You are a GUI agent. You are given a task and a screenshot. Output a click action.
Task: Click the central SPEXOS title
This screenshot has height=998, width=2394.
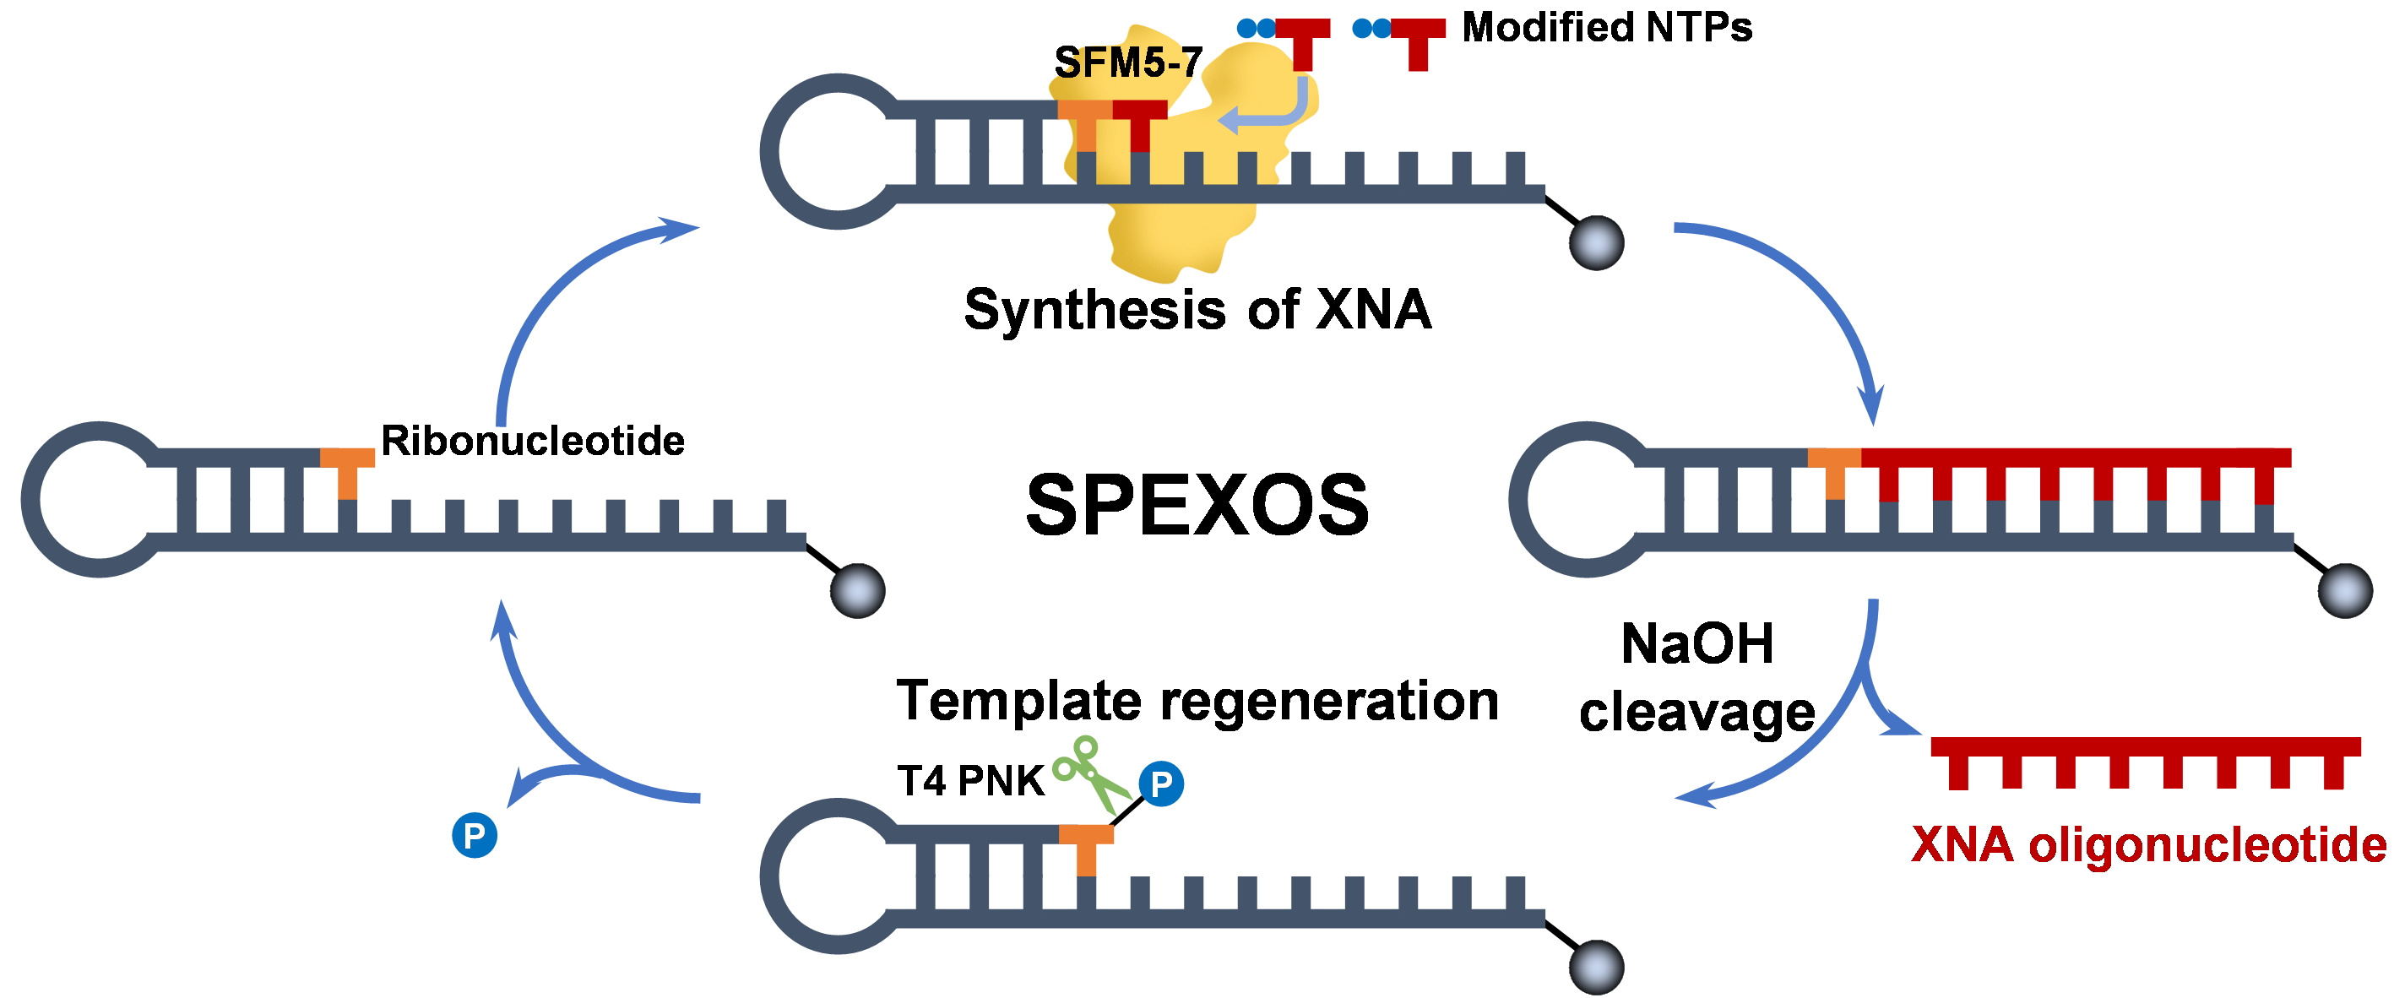1197,506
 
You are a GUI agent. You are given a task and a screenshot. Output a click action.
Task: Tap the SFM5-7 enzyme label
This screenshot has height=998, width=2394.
1127,63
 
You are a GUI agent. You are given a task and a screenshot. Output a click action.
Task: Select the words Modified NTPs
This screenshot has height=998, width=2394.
1607,28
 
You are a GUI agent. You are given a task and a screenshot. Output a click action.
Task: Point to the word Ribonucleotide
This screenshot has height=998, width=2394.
533,441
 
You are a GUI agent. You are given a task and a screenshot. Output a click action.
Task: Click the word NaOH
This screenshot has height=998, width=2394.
1697,643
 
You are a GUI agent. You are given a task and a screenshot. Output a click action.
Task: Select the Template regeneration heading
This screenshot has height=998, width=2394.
1197,701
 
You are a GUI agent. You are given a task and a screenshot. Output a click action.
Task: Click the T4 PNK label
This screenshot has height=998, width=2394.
970,780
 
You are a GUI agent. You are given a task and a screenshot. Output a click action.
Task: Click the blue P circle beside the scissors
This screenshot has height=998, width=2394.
1161,784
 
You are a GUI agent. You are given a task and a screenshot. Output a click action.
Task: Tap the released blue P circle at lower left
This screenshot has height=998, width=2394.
474,834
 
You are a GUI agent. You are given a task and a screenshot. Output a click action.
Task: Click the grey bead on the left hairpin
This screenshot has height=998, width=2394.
857,591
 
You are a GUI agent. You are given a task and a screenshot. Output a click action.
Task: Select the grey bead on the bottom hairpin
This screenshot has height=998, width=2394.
1597,967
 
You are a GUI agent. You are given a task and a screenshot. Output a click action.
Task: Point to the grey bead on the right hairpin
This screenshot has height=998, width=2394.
2345,591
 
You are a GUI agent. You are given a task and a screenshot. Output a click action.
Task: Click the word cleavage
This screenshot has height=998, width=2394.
1697,713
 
